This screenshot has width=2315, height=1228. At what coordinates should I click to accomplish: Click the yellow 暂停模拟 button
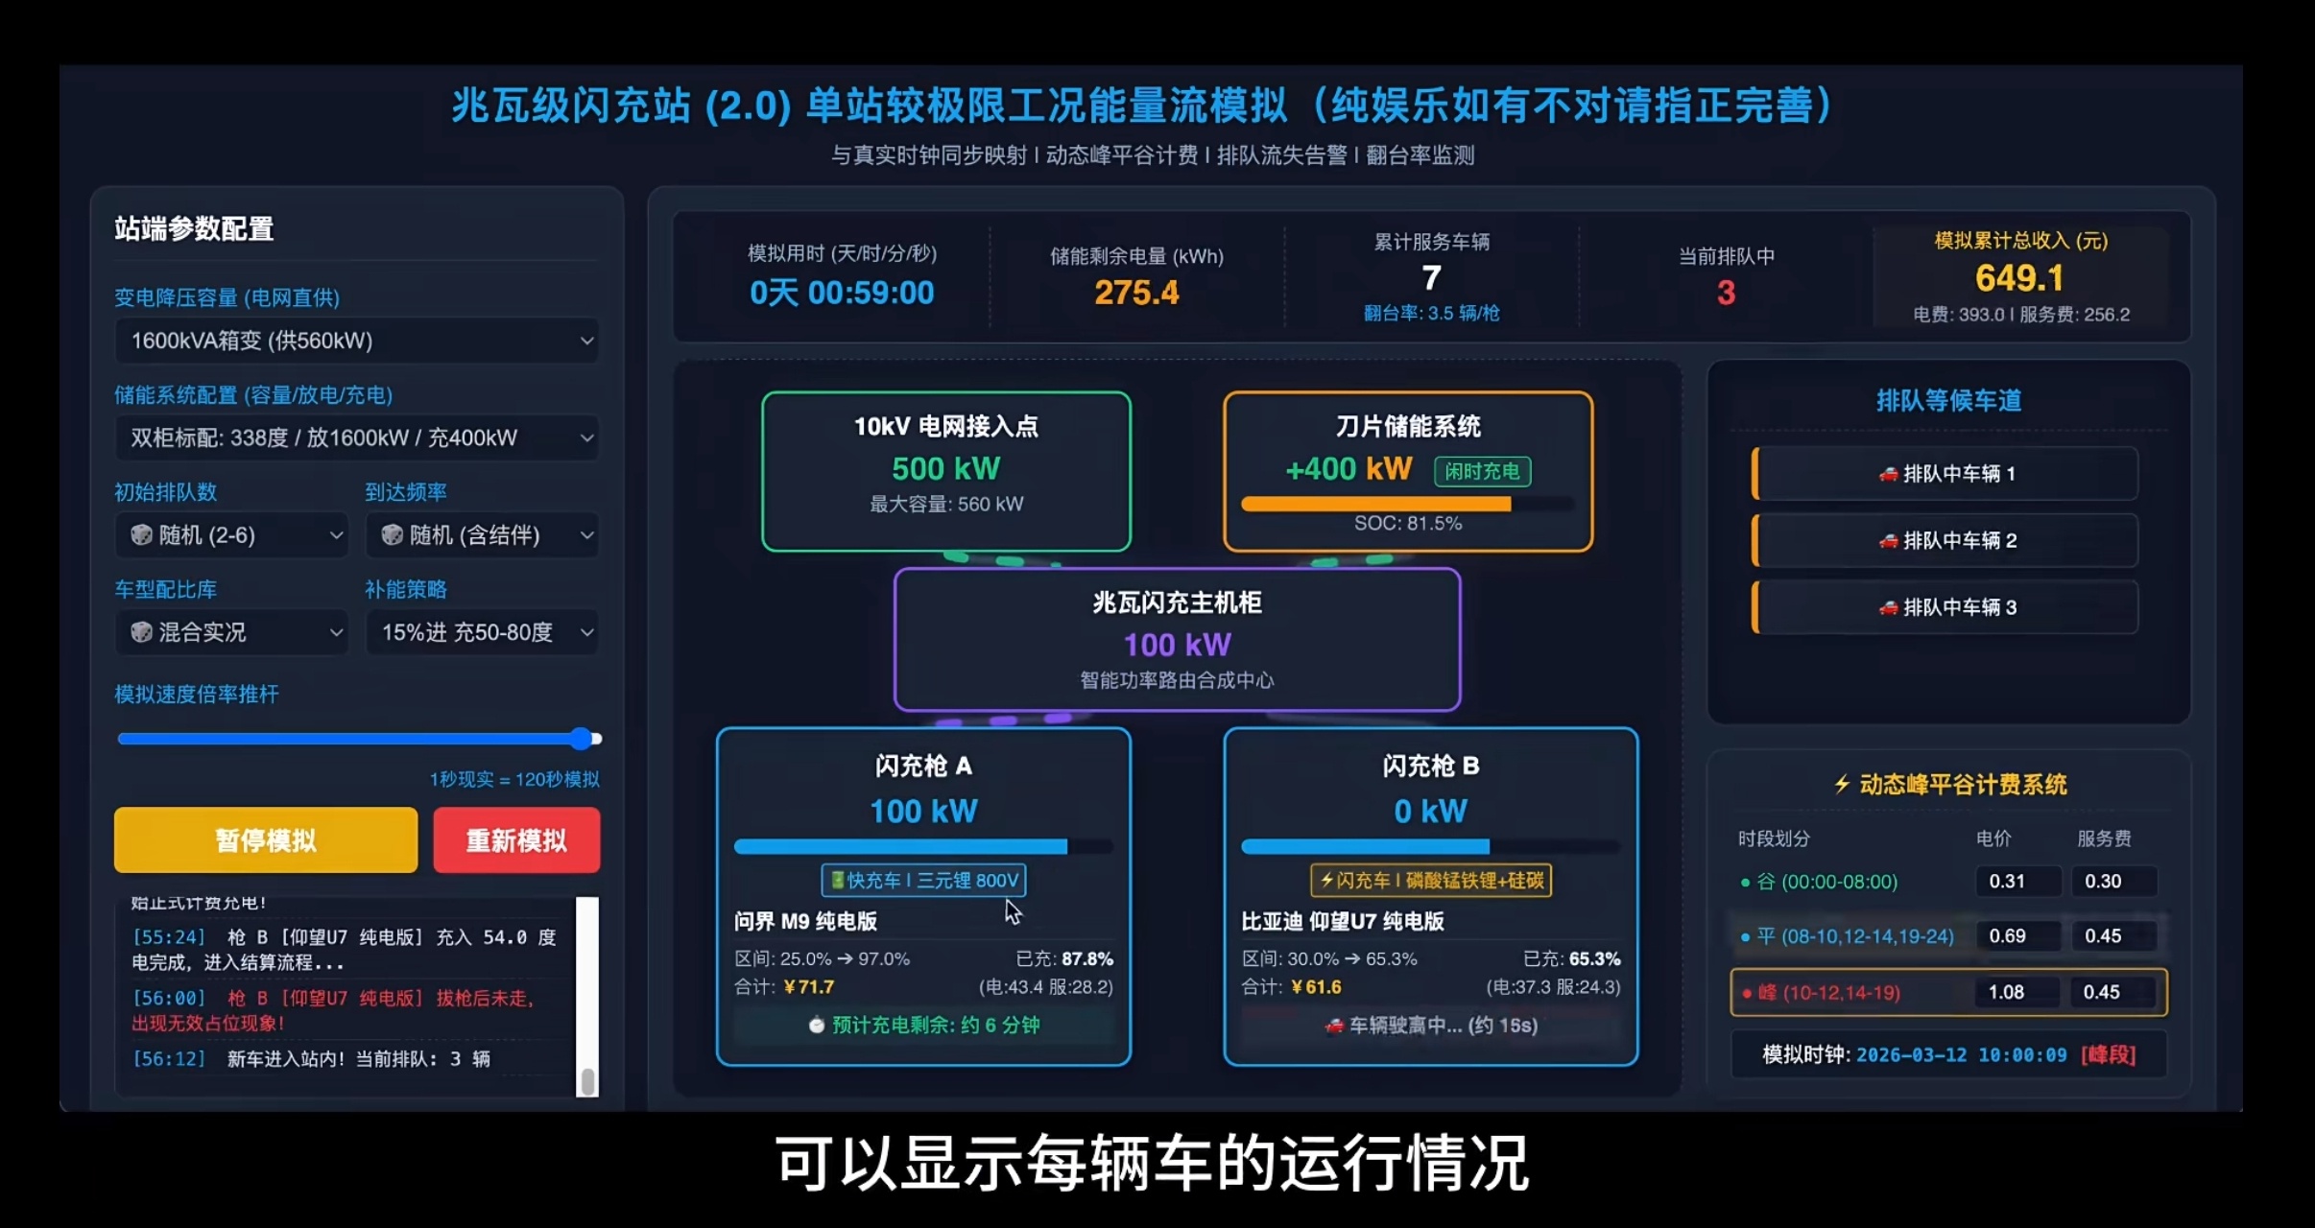(265, 840)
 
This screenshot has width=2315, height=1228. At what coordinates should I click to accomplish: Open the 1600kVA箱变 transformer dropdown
(356, 341)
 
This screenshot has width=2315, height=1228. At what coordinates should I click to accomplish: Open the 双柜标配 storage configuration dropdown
(356, 438)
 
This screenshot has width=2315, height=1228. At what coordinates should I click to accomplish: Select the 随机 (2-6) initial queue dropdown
(231, 535)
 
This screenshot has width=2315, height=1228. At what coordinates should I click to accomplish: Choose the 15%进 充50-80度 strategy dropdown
(482, 632)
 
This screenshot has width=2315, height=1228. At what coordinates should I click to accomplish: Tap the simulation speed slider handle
(581, 738)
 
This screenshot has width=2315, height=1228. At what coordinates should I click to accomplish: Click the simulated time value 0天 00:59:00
(842, 293)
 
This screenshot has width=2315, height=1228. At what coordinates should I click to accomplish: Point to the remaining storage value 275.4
(1136, 293)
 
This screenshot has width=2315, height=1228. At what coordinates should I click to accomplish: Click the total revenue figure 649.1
(2019, 278)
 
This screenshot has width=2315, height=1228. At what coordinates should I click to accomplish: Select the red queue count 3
(1726, 293)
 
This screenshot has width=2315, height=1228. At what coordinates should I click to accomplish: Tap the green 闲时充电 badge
(1482, 471)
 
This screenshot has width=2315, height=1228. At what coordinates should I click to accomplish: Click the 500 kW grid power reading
(945, 468)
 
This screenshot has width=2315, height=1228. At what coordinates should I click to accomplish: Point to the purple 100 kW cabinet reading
(1177, 645)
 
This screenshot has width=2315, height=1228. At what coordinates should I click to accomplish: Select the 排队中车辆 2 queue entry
(1946, 540)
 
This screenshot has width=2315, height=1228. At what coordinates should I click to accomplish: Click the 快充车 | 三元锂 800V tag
(923, 880)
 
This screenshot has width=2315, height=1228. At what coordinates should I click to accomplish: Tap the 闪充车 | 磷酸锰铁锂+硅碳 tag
(1430, 880)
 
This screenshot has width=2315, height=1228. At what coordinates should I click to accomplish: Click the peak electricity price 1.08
(2006, 992)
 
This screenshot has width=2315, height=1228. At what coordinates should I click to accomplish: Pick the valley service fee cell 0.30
(2103, 881)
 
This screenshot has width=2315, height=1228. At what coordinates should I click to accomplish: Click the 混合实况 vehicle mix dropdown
(231, 632)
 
